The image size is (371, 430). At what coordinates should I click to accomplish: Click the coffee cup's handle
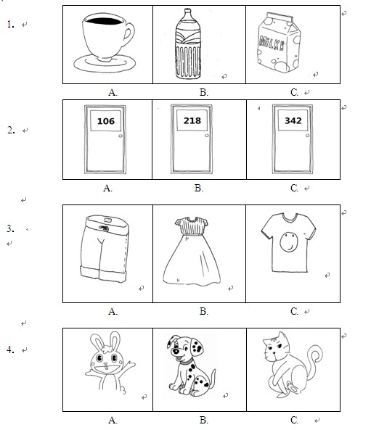129,34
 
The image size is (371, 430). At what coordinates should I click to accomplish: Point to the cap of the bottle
187,11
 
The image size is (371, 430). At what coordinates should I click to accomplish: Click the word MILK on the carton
272,44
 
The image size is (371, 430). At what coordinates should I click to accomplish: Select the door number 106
106,121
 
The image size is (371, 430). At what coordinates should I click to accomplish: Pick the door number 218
192,120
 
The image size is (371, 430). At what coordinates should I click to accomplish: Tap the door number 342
293,120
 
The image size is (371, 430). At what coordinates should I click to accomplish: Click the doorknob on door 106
121,136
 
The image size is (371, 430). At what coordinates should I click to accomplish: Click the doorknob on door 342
307,136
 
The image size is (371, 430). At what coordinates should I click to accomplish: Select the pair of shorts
105,249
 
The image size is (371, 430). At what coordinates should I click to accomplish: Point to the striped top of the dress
192,226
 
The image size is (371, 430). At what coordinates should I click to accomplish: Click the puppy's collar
186,361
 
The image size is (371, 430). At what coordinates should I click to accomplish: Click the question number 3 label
10,228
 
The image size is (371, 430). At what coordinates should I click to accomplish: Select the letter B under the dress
203,311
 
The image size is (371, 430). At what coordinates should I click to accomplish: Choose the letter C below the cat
294,420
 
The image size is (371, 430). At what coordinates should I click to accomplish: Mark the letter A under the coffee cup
113,92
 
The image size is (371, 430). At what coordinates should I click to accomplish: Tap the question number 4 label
10,350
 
